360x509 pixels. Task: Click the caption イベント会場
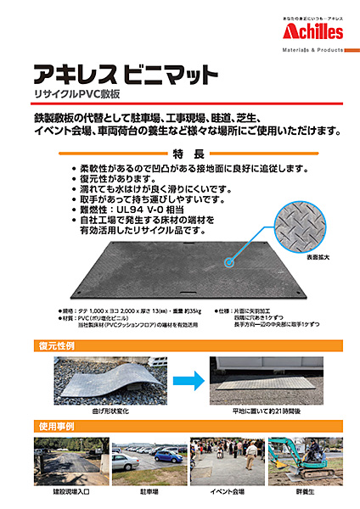tap(226, 491)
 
